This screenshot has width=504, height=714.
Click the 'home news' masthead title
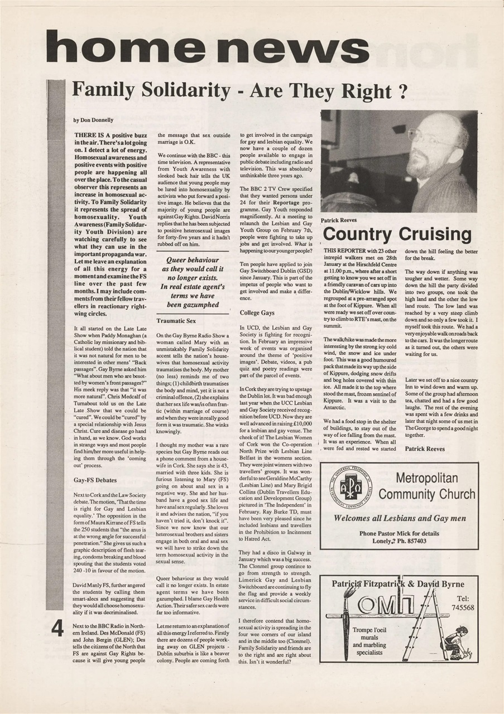208,47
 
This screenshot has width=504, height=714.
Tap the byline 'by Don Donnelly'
94,120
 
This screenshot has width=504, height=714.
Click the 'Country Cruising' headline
397,234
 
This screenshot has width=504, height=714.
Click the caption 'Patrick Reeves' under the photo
339,220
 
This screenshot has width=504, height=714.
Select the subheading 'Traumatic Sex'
176,321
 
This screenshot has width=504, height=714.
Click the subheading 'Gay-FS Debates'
95,479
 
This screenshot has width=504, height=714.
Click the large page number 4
57,628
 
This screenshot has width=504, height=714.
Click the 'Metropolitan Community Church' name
427,486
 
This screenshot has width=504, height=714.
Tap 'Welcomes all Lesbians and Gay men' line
399,518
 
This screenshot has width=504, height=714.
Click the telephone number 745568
463,607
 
